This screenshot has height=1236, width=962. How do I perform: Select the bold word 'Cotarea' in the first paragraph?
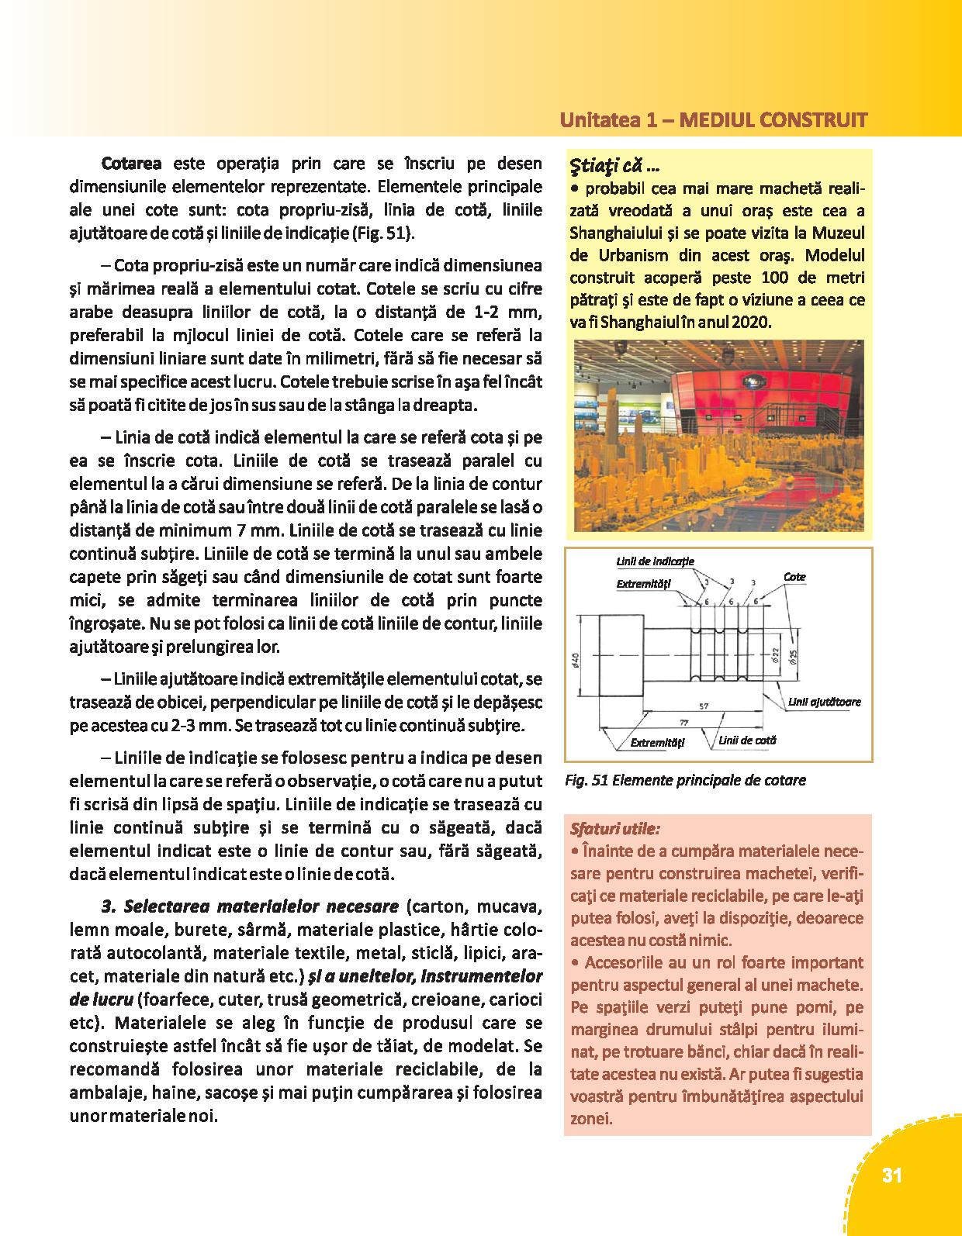131,164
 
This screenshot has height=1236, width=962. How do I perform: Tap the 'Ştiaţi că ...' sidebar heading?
614,165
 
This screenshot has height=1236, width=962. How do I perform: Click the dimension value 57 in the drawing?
704,706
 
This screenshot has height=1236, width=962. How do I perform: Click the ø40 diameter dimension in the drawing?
576,658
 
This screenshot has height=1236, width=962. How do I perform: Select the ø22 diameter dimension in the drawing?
776,656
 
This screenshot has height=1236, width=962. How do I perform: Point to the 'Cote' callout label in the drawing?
794,577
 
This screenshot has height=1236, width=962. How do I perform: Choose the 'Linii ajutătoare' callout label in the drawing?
825,702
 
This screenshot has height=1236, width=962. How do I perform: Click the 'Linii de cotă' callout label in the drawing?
747,741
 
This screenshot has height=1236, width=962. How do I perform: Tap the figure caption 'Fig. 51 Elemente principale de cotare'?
685,780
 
